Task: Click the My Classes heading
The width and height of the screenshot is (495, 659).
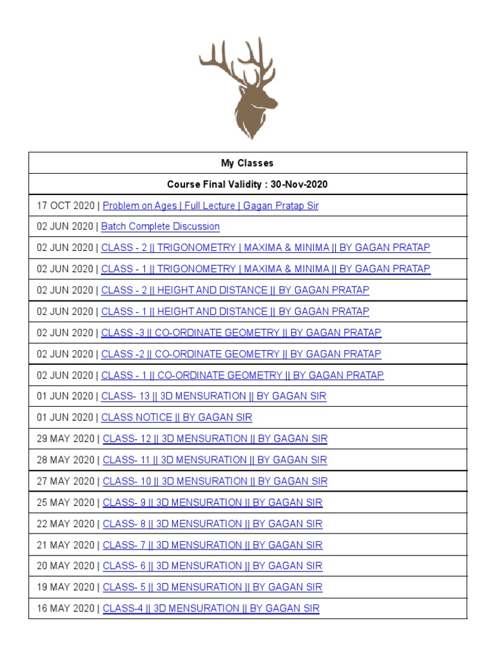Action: pos(247,163)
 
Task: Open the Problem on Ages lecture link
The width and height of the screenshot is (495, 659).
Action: pos(210,206)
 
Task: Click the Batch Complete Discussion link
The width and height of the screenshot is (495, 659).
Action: pos(160,227)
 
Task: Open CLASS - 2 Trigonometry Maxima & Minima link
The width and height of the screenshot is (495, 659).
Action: pos(266,248)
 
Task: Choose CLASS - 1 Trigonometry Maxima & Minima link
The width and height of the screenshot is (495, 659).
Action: pos(266,269)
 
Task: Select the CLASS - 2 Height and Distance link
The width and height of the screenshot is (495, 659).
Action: pos(235,290)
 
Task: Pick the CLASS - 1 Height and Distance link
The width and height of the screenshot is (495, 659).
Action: pos(235,311)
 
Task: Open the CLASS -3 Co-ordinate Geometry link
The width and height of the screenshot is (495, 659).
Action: pos(241,333)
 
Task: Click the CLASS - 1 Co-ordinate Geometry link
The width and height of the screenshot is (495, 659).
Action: pos(242,375)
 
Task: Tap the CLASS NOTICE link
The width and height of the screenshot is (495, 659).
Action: pos(177,418)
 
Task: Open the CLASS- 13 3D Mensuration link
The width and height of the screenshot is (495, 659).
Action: pos(214,396)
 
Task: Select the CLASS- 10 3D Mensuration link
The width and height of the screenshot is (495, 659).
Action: pos(215,481)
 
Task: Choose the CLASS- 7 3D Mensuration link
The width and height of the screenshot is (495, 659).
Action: pos(212,545)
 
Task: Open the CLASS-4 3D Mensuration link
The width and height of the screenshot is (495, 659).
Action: pos(210,608)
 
